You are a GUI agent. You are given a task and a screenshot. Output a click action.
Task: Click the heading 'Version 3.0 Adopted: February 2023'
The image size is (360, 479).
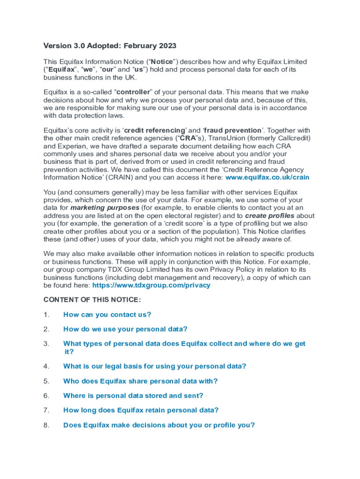pos(110,46)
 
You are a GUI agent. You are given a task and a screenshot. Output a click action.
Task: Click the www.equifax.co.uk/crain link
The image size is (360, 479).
pos(267,178)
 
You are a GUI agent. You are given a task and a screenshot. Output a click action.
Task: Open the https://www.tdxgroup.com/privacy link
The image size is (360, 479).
pos(151,285)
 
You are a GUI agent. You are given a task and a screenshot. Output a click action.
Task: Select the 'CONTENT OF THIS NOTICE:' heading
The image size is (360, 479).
pos(92,300)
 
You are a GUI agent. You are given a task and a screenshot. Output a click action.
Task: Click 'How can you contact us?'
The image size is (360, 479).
pos(107,315)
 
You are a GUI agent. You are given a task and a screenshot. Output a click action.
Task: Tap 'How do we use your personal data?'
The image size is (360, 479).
pos(125,329)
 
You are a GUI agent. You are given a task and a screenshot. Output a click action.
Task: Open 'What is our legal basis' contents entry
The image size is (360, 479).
pos(154,366)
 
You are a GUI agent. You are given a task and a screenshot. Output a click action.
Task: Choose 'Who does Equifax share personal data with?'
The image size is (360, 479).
pos(140,381)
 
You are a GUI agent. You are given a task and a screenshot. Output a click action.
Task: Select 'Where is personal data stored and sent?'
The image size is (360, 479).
pos(133,396)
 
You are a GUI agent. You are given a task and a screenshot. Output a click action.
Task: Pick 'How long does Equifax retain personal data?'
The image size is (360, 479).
pos(141,410)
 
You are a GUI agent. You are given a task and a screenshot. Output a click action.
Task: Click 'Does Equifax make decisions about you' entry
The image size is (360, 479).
pos(159,425)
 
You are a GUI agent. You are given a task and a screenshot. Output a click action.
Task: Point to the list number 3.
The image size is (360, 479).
pos(46,344)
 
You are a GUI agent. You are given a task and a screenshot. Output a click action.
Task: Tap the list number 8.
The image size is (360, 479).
pos(46,425)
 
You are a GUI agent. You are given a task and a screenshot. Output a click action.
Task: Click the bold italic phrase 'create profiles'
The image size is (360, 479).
pos(269,216)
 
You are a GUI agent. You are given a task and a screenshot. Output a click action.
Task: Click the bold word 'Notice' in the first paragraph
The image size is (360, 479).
pos(162,62)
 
